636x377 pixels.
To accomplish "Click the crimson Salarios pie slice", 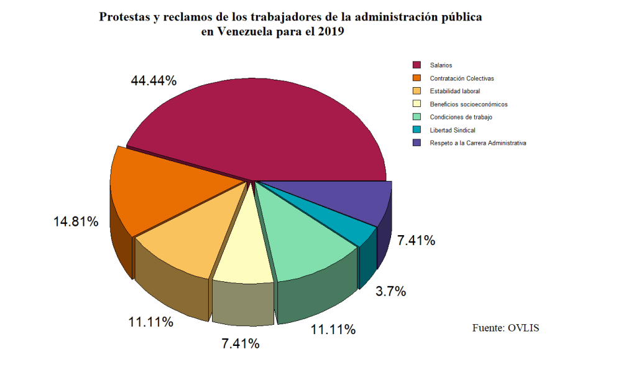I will click(261, 131).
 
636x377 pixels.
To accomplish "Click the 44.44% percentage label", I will click(154, 81).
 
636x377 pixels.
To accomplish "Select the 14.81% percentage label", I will click(76, 221).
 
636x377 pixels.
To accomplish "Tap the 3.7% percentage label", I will click(391, 291).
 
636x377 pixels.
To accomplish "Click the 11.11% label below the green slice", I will click(333, 330).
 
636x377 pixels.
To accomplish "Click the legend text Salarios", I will click(441, 65).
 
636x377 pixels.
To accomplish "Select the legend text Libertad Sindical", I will click(453, 130).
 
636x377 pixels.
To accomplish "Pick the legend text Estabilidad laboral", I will click(455, 91).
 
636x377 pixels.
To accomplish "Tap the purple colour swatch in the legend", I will click(417, 143).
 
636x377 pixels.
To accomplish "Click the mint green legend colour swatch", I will click(417, 117).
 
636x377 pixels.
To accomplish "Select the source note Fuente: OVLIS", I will click(505, 327).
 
